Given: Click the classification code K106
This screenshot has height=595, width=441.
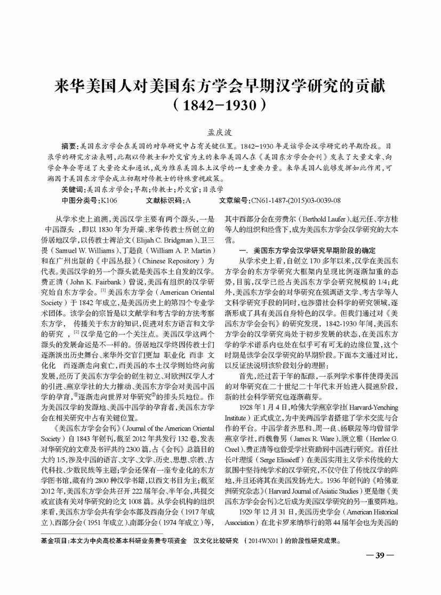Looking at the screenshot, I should tap(108, 200).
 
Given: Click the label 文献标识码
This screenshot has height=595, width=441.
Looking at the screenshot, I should tap(164, 200).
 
